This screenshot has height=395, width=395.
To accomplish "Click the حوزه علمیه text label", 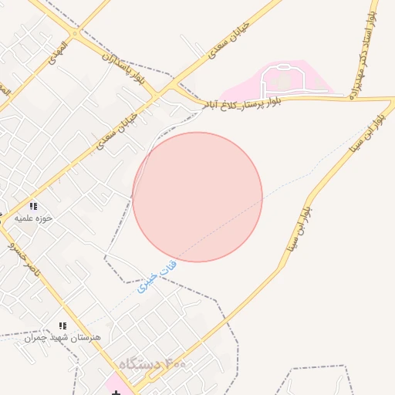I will point(33,218).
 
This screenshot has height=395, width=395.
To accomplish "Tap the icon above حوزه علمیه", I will point(33,206).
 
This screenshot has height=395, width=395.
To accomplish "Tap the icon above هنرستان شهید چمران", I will point(63,326).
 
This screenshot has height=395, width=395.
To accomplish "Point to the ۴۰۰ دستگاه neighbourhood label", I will point(153,363).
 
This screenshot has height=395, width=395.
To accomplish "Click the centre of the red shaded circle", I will point(197,197).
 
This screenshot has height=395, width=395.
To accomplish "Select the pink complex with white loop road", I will point(282,80).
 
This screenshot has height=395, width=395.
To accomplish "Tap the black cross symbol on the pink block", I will point(116,393).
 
